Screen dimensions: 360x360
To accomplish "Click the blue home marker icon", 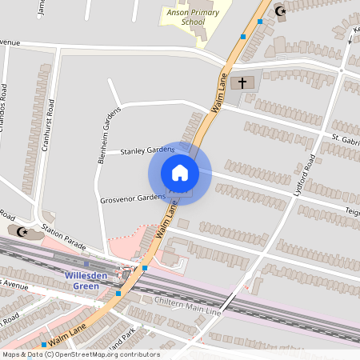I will click(x=180, y=173).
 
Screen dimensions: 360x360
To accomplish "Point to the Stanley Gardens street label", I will click(x=147, y=150).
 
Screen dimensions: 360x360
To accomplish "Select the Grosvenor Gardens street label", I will click(x=133, y=198).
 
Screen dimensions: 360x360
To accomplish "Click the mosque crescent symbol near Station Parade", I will click(x=22, y=231).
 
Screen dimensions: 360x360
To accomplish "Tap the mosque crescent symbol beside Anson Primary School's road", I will click(x=280, y=10).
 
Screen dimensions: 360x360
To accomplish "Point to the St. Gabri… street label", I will click(x=345, y=141).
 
